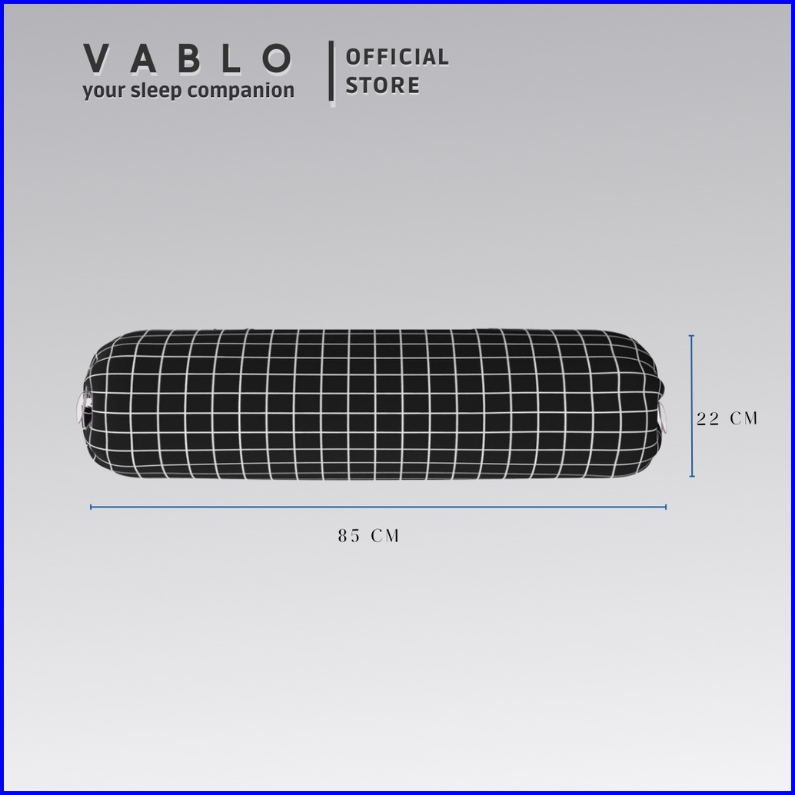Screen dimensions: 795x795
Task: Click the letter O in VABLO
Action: pyautogui.click(x=277, y=58)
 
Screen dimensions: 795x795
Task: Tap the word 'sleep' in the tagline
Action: pyautogui.click(x=156, y=90)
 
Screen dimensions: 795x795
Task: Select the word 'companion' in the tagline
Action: pyautogui.click(x=241, y=91)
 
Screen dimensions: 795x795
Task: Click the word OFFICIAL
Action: pyautogui.click(x=397, y=57)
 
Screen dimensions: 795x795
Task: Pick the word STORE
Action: pyautogui.click(x=383, y=85)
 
